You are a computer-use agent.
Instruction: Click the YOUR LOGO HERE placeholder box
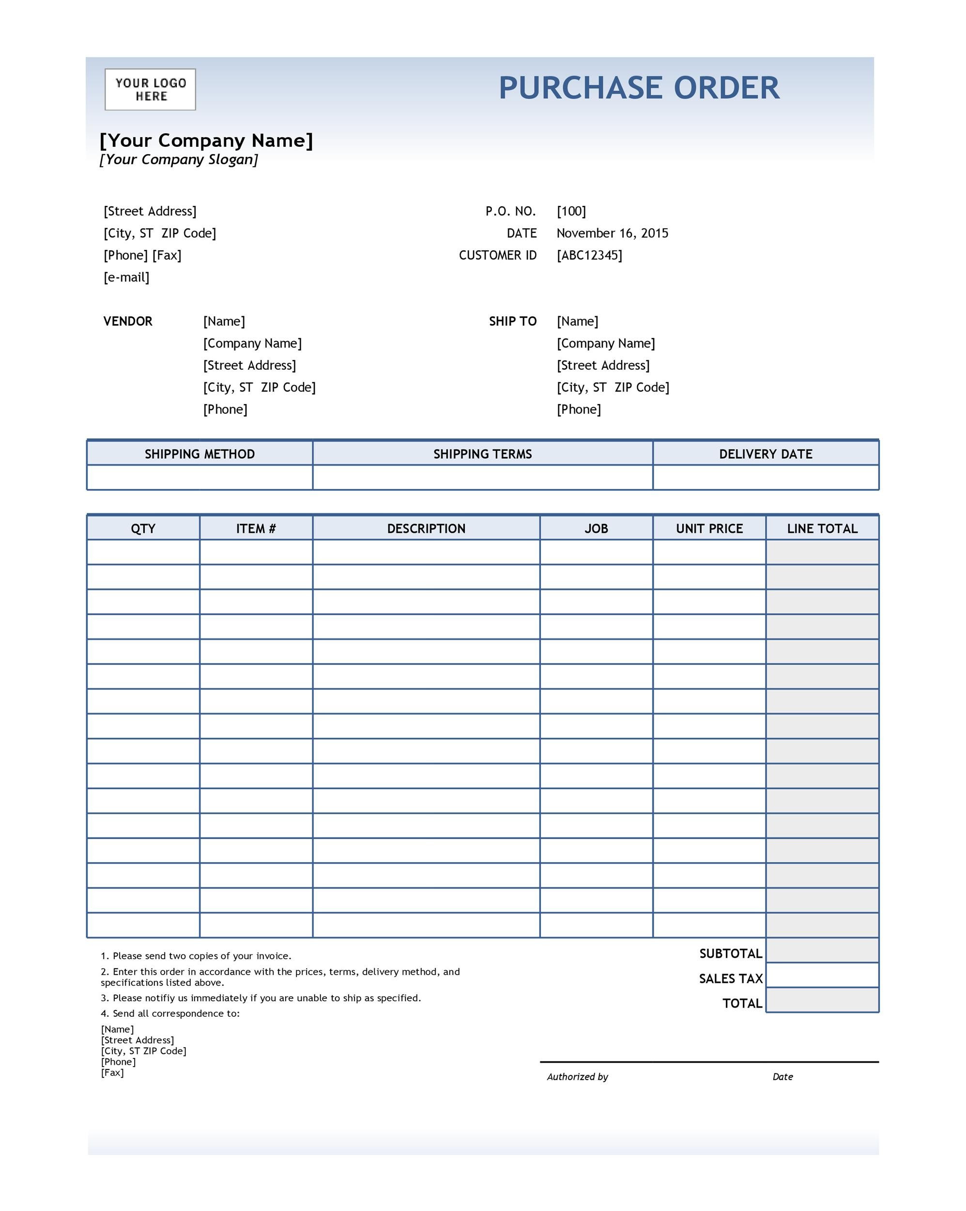150,89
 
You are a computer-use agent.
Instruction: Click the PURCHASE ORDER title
639,88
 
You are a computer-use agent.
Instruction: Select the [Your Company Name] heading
206,140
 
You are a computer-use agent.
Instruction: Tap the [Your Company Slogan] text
179,159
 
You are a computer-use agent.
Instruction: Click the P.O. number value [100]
571,211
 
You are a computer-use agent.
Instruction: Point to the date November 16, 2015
612,233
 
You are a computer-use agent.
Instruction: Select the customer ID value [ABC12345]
589,255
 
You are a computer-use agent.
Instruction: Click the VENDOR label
127,321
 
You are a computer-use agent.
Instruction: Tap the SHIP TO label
512,321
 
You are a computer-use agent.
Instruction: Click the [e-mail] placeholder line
126,278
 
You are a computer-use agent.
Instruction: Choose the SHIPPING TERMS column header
482,454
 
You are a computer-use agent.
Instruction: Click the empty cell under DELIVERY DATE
766,478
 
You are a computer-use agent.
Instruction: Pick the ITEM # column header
256,528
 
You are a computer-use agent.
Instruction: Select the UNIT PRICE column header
709,528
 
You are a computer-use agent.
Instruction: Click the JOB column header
596,528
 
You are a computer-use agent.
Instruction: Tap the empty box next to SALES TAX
822,978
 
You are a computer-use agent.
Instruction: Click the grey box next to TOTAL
822,1003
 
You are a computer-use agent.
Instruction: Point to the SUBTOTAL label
730,953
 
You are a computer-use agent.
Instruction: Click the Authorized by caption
577,1077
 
